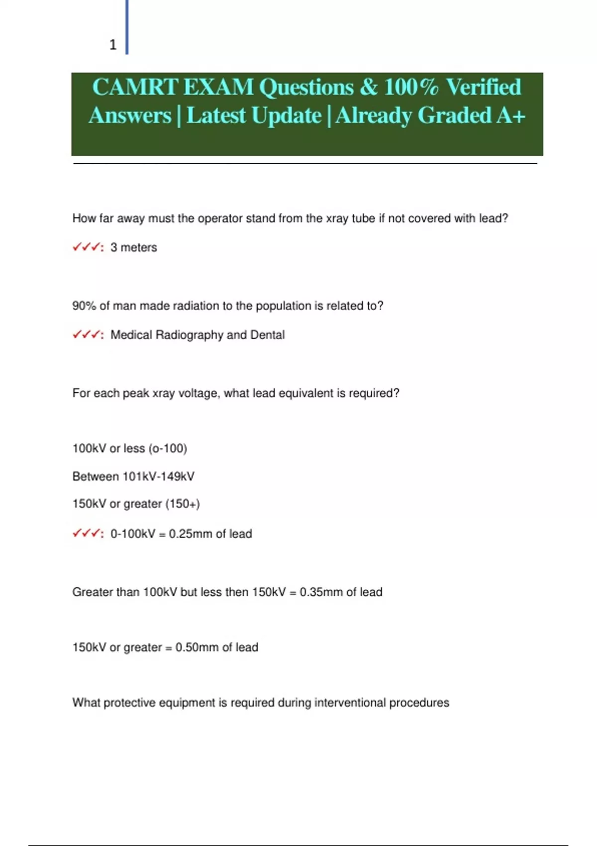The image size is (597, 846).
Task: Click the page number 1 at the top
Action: [113, 45]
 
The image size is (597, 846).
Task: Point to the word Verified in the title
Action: [483, 87]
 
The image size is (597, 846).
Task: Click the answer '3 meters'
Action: [133, 247]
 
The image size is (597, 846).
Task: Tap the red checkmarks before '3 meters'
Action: [87, 247]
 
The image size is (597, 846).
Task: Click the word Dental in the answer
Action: [268, 335]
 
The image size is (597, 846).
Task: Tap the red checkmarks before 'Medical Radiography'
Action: [87, 334]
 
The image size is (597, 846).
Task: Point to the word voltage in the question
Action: [199, 393]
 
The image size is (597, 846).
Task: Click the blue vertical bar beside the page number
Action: [127, 27]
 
